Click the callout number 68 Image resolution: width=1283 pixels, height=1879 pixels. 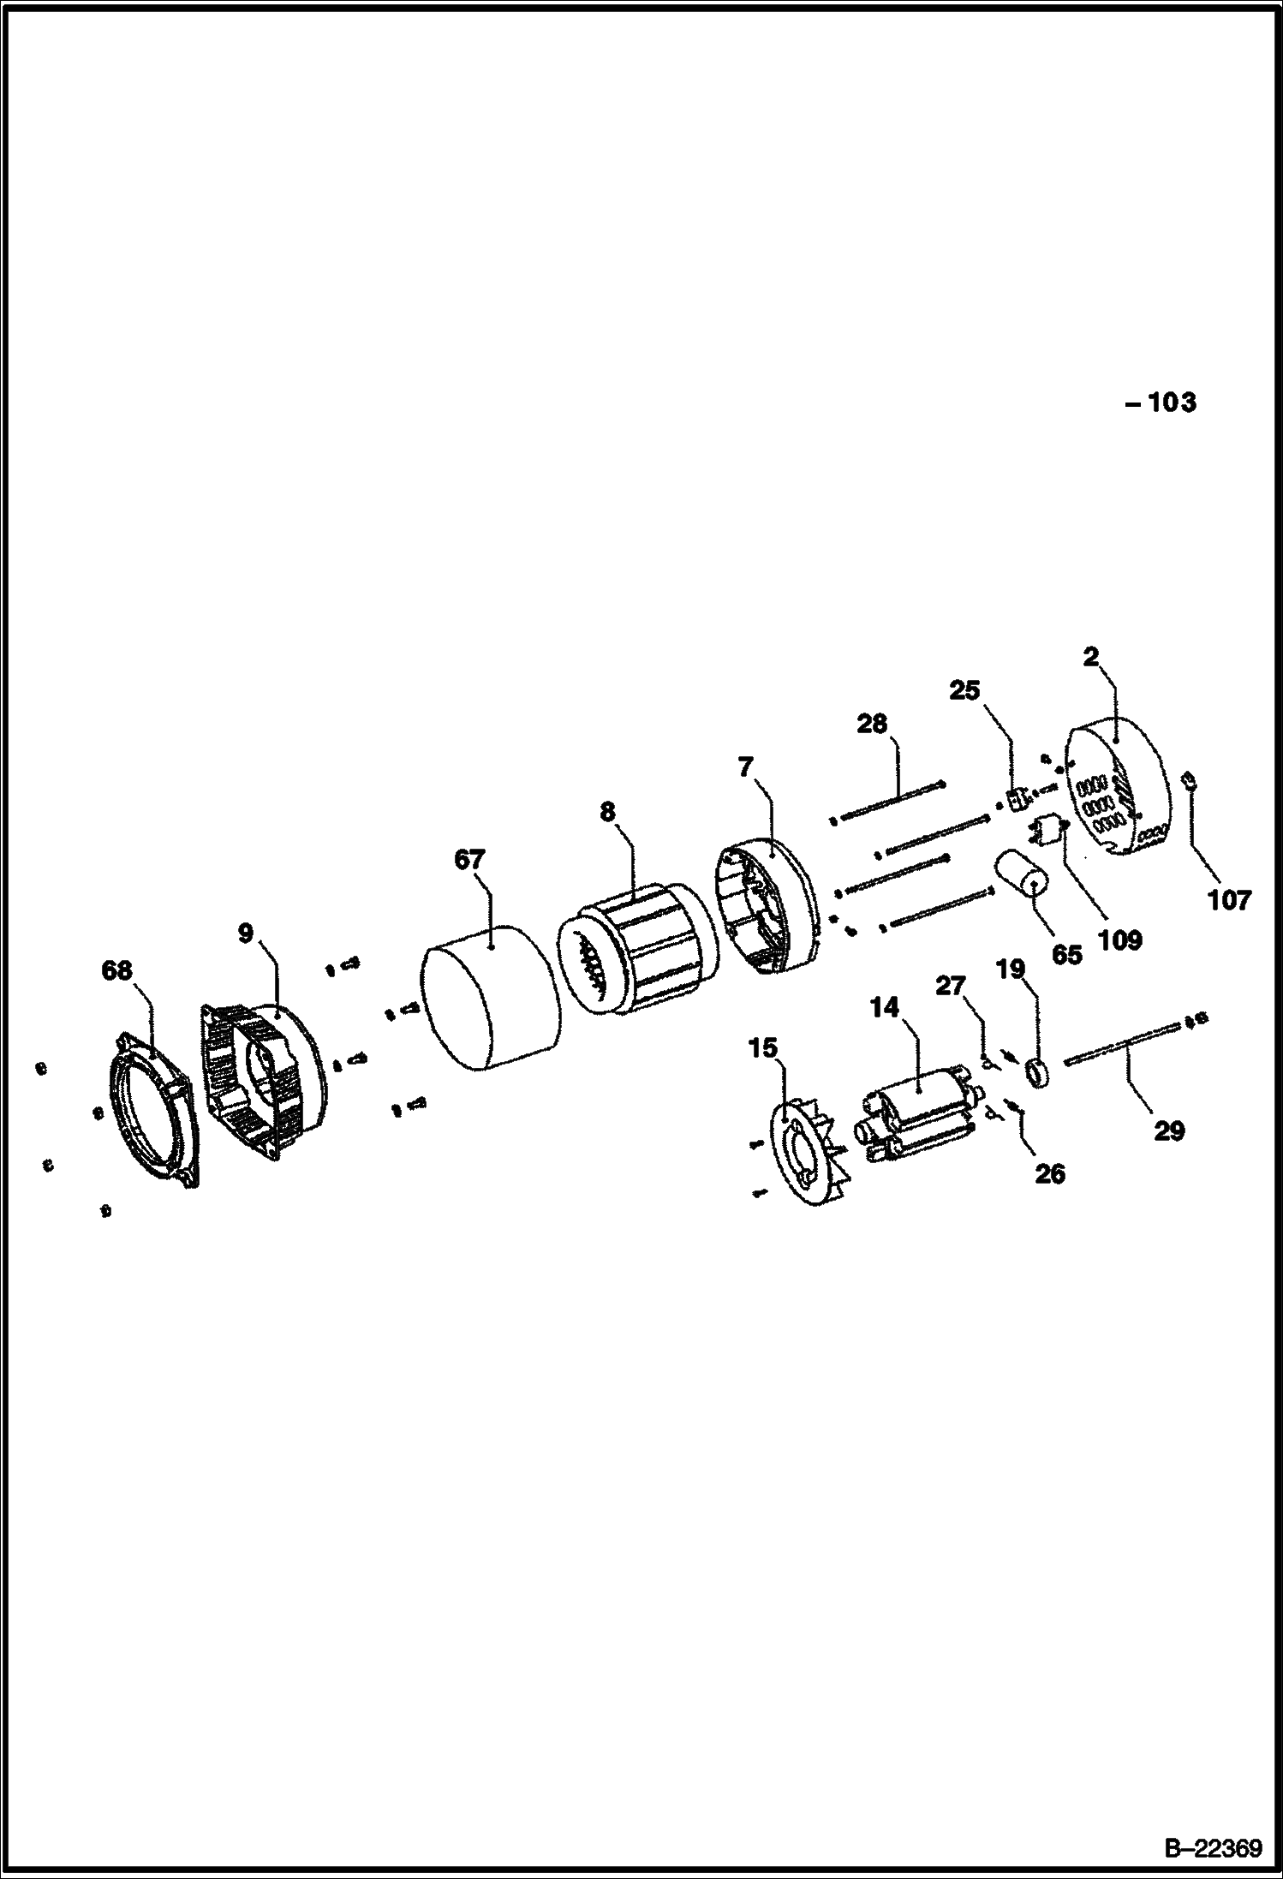point(117,970)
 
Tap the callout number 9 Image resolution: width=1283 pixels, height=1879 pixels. point(246,933)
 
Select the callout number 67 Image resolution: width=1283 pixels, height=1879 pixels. point(469,859)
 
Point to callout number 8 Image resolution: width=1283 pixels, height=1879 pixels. point(607,811)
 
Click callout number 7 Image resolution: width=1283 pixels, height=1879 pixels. point(746,767)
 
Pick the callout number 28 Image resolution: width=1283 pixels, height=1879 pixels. point(872,724)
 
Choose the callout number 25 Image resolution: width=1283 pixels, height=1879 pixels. point(964,690)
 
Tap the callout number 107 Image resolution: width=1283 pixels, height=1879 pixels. point(1230,899)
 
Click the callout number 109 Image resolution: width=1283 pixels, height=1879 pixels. point(1120,940)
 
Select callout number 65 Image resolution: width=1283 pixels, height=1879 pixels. point(1067,954)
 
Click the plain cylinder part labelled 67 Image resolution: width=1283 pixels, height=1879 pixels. point(491,996)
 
